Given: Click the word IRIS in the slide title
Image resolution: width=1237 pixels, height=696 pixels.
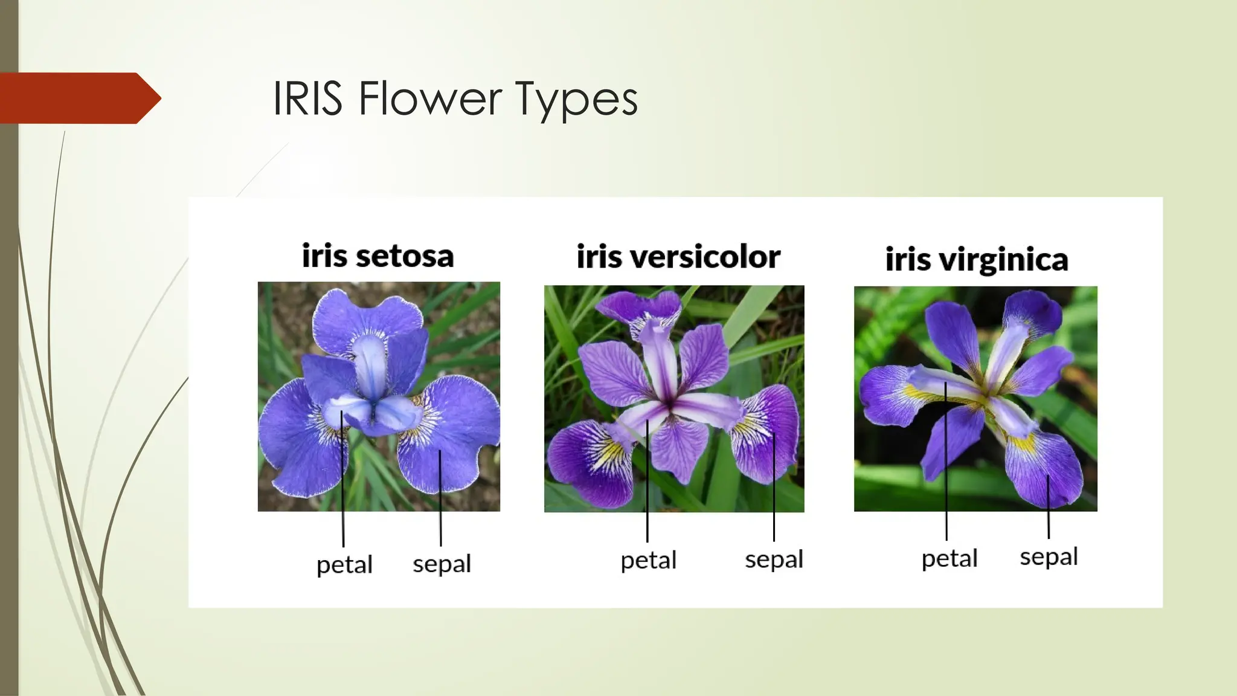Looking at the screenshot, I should (x=307, y=98).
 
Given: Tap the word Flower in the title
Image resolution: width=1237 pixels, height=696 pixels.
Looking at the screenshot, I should (x=429, y=98).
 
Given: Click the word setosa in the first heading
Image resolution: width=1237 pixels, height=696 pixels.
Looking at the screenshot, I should (x=405, y=256).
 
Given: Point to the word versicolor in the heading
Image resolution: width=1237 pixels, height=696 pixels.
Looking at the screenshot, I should (x=705, y=257).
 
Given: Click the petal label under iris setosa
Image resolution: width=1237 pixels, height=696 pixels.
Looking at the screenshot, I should (x=344, y=565).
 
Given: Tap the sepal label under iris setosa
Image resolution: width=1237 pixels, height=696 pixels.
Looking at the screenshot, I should (x=442, y=564).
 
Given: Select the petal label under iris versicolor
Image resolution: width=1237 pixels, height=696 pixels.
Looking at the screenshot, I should (x=648, y=560).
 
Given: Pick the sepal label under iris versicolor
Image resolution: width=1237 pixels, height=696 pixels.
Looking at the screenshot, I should (x=774, y=559).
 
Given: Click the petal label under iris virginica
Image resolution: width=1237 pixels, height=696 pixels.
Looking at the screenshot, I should (x=949, y=558).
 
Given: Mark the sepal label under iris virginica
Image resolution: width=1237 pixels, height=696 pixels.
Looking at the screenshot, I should (x=1049, y=556).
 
